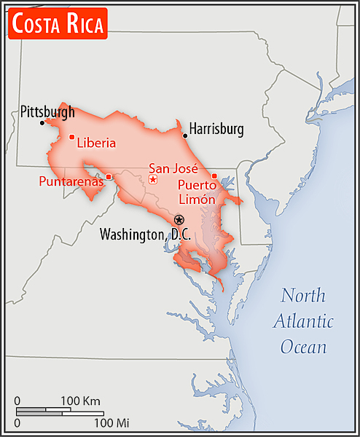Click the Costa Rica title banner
coord(58,24)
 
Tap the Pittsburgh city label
coord(47,112)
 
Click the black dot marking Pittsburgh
coord(42,122)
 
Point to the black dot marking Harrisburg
coord(185,135)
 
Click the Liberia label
coord(96,143)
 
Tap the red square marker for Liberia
coord(71,137)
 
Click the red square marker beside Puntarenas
coord(109,176)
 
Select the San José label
coord(173,168)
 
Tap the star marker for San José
coord(153,179)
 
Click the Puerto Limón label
coord(196,192)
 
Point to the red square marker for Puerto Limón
coord(214,176)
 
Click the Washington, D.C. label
coord(145,235)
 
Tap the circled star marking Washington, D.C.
coord(179,219)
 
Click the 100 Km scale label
coord(81,401)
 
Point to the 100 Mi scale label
coord(111,422)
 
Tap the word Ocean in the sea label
coord(304,347)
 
